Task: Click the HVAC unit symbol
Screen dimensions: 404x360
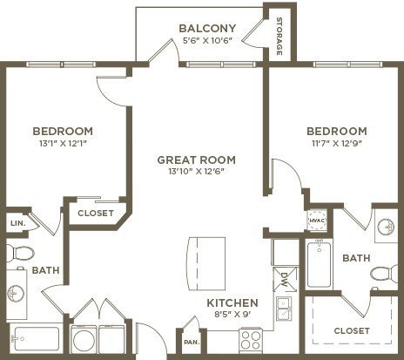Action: [x=317, y=221]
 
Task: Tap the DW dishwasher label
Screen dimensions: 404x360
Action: [x=284, y=279]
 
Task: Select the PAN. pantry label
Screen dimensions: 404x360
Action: [x=192, y=342]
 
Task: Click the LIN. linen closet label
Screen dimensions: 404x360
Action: [x=18, y=223]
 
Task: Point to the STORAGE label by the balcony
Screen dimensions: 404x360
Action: [x=279, y=37]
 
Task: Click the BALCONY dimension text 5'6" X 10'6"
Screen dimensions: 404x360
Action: [x=207, y=40]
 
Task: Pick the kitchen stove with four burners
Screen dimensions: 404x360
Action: [x=251, y=341]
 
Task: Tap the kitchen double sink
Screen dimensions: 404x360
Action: [x=284, y=309]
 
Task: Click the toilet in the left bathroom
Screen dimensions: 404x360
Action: [x=20, y=253]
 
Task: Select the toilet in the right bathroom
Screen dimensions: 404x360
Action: [x=384, y=274]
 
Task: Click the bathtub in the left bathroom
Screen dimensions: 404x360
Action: [x=36, y=338]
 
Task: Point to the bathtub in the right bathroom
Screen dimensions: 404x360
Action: [x=319, y=264]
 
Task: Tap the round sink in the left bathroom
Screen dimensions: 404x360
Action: [x=15, y=293]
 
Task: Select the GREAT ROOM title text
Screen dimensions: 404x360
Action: [x=197, y=160]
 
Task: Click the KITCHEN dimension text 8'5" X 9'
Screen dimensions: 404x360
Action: [x=232, y=314]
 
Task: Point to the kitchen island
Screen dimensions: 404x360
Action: [x=206, y=263]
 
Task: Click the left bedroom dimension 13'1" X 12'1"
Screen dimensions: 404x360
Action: [x=64, y=143]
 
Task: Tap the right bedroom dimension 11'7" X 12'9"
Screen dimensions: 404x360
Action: [x=337, y=143]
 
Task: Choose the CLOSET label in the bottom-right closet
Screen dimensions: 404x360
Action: [x=352, y=330]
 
